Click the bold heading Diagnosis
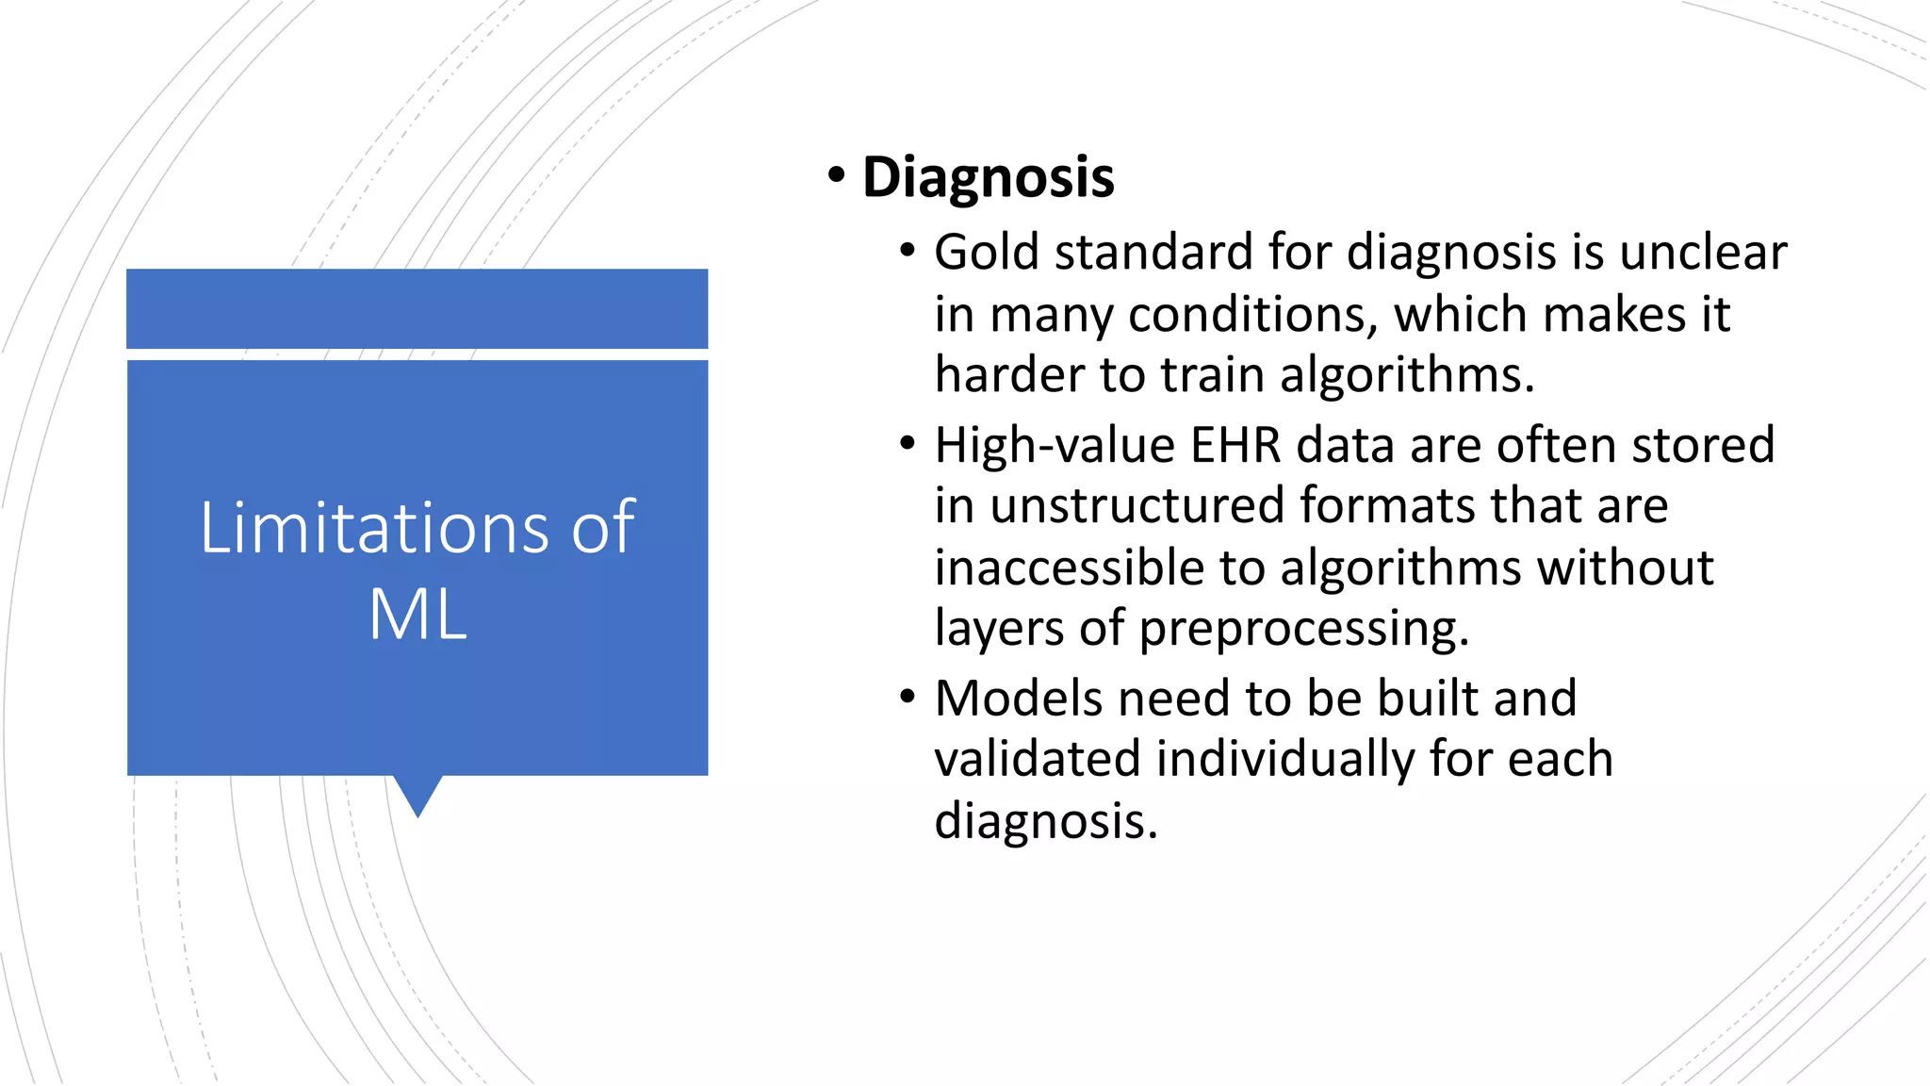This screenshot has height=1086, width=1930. click(x=988, y=177)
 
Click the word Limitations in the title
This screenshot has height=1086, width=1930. click(x=373, y=528)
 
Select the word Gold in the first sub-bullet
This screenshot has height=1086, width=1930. click(x=988, y=253)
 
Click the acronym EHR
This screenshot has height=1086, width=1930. click(x=1235, y=445)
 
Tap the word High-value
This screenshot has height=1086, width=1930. click(x=1054, y=445)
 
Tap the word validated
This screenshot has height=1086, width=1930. click(x=1037, y=760)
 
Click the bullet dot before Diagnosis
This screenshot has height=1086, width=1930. click(x=836, y=177)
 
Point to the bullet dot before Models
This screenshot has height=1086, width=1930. click(x=908, y=699)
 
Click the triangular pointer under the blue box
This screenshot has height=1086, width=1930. click(x=417, y=795)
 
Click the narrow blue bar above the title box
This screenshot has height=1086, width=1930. click(x=417, y=308)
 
